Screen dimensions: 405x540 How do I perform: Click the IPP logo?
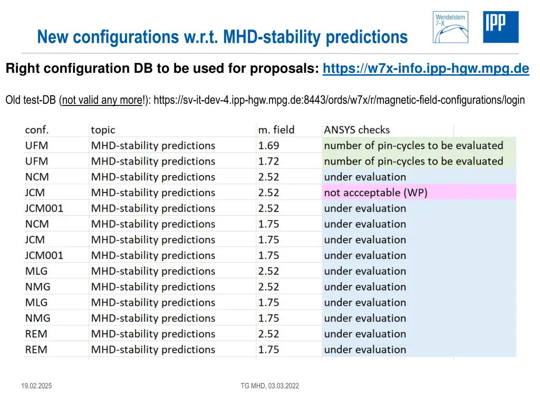[x=500, y=27]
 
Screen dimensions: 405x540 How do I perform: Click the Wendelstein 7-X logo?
[x=450, y=27]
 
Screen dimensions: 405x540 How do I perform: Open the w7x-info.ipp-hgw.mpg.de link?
[x=426, y=69]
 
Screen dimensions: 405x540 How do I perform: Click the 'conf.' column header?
[x=37, y=130]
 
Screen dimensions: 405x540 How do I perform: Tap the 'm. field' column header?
[x=276, y=130]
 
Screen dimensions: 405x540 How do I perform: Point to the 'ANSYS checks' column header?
[x=357, y=130]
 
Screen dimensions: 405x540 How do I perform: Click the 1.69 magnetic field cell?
[x=269, y=146]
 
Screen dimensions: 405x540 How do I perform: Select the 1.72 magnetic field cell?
[x=269, y=161]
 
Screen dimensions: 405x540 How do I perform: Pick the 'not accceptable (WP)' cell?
[x=375, y=192]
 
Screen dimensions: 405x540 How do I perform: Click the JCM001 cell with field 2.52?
[x=44, y=208]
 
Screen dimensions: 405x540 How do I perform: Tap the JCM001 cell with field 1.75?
[x=44, y=255]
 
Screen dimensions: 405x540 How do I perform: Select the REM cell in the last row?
[x=36, y=350]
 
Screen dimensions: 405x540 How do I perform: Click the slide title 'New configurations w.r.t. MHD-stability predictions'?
[x=223, y=37]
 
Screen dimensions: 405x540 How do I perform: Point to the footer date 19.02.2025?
[x=36, y=386]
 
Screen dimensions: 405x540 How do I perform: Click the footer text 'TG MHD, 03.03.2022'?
[x=269, y=386]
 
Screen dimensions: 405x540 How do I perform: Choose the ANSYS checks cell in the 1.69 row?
[x=413, y=146]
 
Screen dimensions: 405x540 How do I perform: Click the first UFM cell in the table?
[x=36, y=146]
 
